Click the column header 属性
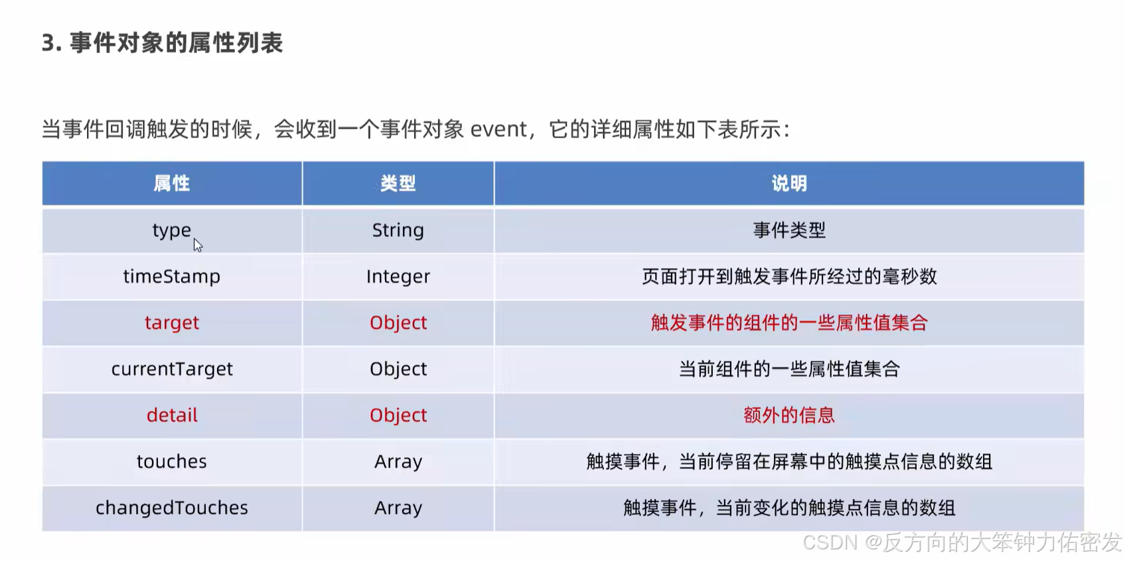[172, 184]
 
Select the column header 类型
[398, 184]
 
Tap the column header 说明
[789, 184]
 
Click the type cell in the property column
[172, 231]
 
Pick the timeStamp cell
[172, 277]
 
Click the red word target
[172, 323]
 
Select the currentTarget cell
[172, 369]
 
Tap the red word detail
[172, 415]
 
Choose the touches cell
[172, 462]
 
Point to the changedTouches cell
[172, 508]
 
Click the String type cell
[398, 230]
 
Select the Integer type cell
[398, 277]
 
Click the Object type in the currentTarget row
[398, 369]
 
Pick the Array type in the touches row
[398, 462]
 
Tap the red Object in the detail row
[398, 415]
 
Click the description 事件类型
[789, 230]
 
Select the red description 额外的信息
[789, 415]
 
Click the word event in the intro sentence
[498, 129]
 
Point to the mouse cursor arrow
[197, 245]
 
